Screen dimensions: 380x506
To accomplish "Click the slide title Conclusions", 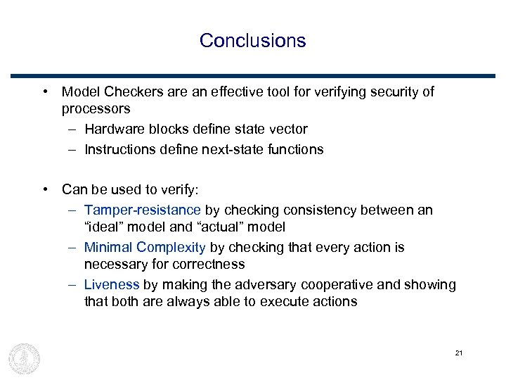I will point(252,40).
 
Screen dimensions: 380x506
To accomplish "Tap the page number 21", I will point(458,353).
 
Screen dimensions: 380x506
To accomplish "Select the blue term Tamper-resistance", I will point(142,210).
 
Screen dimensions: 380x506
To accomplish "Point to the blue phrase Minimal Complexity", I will point(145,247).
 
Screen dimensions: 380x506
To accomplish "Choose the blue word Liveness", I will point(112,284).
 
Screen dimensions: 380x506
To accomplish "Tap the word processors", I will point(96,109).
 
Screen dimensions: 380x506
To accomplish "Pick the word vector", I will point(289,129).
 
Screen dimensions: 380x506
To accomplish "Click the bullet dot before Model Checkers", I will point(44,92).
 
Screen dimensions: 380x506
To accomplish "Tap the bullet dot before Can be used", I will point(44,189).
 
